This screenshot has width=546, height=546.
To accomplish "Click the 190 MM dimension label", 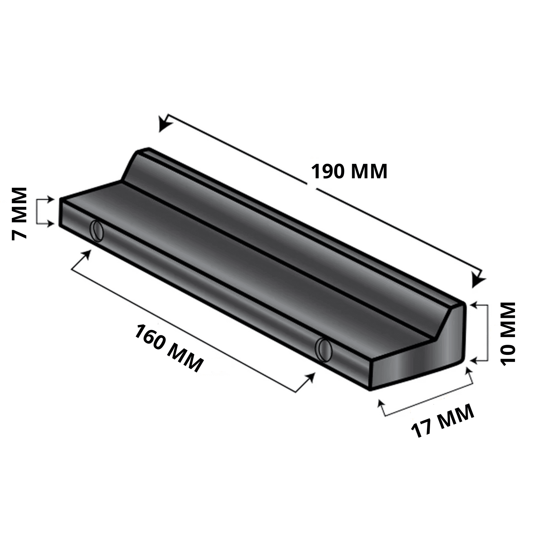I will (349, 172).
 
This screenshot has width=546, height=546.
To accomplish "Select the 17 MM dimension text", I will (443, 421).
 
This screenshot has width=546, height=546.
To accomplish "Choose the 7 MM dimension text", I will (19, 213).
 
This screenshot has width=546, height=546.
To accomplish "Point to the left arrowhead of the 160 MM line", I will (87, 255).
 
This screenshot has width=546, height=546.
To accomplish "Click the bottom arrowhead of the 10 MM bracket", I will (473, 361).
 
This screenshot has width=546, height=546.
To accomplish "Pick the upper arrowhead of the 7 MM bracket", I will (51, 199).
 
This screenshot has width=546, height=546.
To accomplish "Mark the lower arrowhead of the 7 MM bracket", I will (51, 223).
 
